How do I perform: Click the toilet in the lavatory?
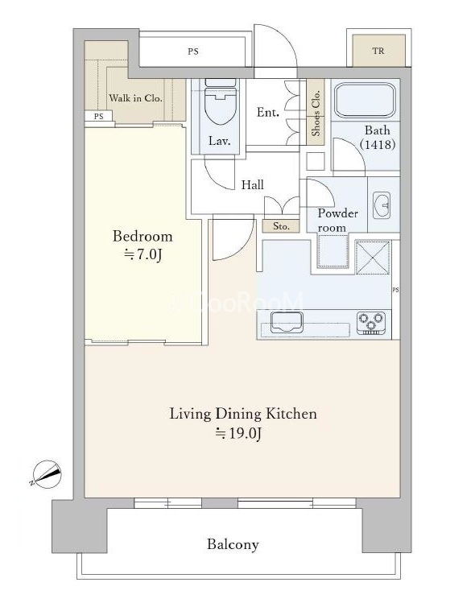pos(220,101)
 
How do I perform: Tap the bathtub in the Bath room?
pos(365,100)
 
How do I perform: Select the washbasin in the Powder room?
pos(382,205)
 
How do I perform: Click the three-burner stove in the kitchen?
pos(371,322)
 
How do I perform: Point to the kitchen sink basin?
pos(286,322)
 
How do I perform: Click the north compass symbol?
pos(47,473)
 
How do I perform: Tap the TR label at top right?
pos(378,51)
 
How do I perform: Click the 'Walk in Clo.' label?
pos(135,98)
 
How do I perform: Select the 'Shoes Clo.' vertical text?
pos(316,113)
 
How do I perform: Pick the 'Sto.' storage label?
pos(281,226)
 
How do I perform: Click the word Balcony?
pos(233,544)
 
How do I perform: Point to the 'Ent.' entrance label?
pos(268,112)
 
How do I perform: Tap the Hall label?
pos(253,185)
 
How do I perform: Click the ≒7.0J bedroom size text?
pos(142,254)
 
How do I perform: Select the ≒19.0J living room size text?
pos(238,433)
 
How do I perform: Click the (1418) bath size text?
pos(378,145)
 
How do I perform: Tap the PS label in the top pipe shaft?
pos(193,52)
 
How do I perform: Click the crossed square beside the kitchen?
pos(373,258)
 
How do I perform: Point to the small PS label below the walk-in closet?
pos(98,116)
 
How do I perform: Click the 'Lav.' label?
pos(220,141)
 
